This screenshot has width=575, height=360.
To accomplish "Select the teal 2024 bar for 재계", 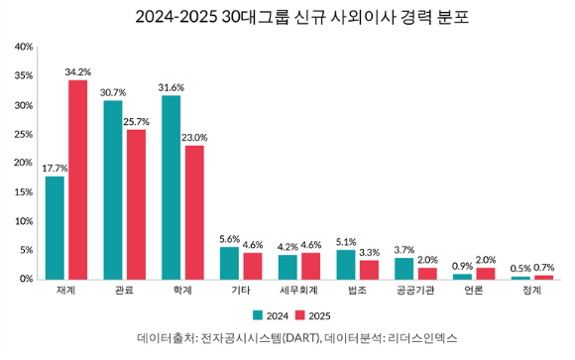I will tap(55, 227).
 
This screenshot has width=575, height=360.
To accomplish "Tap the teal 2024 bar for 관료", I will tap(113, 189).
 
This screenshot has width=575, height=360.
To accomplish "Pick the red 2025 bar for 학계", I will tap(194, 212).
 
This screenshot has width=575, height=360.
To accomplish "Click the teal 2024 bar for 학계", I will tap(172, 187).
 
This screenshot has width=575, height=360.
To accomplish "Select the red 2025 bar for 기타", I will tap(253, 266).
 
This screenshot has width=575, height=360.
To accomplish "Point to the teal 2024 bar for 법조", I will tap(346, 264).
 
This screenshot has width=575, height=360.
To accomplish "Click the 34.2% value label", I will tap(77, 71).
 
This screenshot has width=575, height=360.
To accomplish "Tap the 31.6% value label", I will tap(171, 87).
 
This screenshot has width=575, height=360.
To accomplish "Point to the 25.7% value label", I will tap(137, 121).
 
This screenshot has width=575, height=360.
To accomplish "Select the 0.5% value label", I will tap(519, 269).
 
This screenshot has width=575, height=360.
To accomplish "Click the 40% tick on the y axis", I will tap(25, 47).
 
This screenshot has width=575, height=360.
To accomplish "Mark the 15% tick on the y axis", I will tap(25, 192).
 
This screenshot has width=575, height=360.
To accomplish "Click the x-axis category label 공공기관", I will tap(415, 292).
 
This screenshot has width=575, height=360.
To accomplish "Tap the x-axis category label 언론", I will tap(473, 292).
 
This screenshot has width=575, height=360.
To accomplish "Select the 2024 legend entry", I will tap(271, 315).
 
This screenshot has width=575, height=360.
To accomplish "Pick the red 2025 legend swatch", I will tap(299, 315).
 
